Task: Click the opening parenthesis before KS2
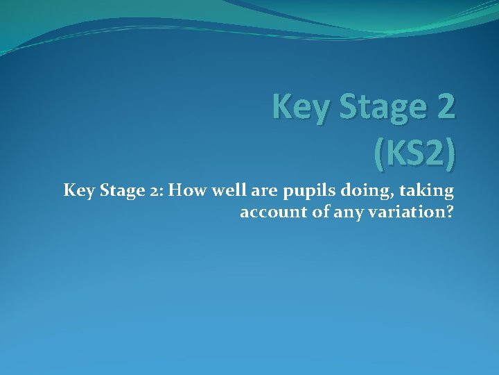(x=379, y=154)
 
